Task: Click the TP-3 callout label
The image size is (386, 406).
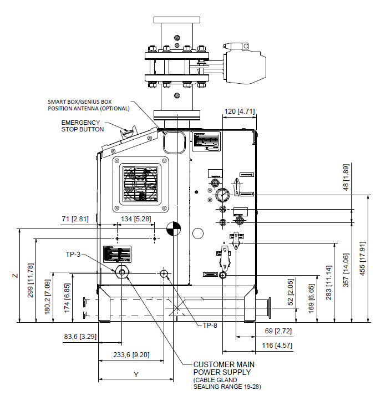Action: click(73, 255)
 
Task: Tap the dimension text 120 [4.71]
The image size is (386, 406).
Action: click(239, 111)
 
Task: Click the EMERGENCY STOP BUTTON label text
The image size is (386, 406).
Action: click(82, 126)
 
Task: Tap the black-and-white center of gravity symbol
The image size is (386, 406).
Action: click(173, 229)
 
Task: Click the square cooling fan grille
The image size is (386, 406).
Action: click(140, 184)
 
